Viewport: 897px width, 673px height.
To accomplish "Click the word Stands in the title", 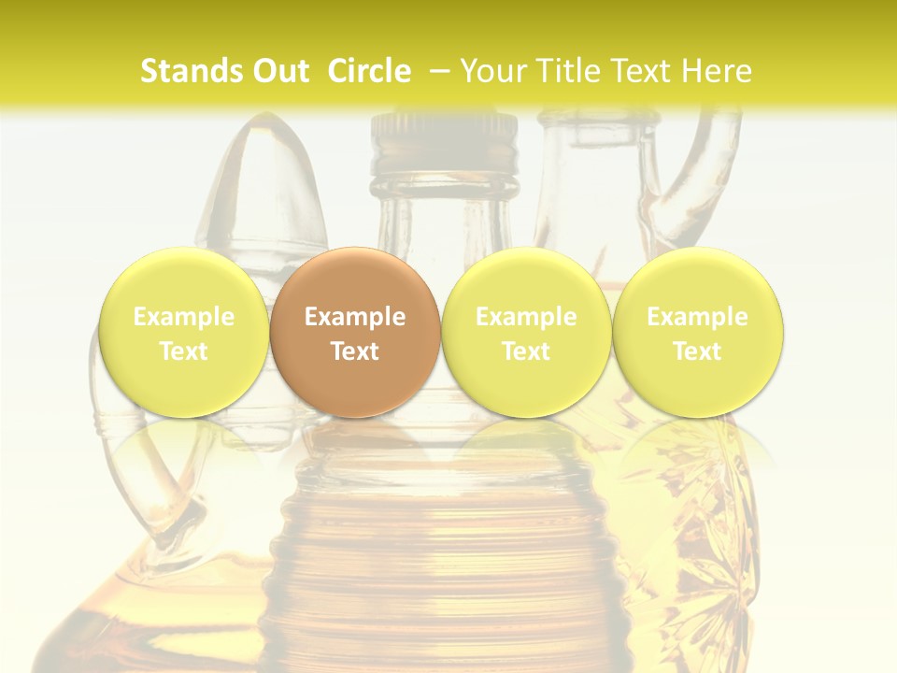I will [x=192, y=71].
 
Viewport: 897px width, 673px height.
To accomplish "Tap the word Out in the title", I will [x=279, y=71].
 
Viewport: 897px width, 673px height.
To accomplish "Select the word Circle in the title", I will [x=369, y=71].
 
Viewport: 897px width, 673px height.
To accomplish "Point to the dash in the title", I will [x=441, y=71].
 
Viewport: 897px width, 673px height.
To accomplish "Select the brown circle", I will [x=355, y=332].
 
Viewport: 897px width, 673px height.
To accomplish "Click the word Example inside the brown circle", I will [x=355, y=317].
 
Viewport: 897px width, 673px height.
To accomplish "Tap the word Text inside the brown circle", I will [x=355, y=351].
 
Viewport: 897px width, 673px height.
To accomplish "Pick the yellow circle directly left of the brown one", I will [x=183, y=332].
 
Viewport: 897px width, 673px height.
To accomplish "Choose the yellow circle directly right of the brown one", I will [x=526, y=332].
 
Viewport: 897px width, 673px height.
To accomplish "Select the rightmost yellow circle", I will [x=697, y=332].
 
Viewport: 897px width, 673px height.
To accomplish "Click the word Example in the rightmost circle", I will [x=697, y=317].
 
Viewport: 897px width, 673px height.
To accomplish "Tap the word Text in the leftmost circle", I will [x=183, y=351].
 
